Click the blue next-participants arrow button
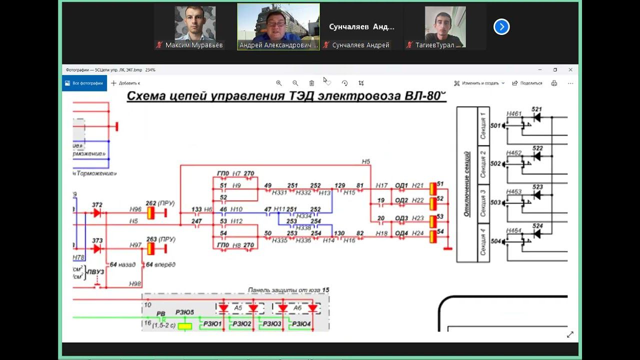point(501,26)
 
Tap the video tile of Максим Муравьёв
point(195,26)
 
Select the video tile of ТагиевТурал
point(445,26)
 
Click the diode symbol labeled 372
point(97,213)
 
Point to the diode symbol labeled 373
point(97,248)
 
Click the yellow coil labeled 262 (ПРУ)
point(150,213)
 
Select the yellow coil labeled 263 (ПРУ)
point(150,248)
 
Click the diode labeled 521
point(537,117)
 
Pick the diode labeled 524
point(537,234)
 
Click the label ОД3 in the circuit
point(401,218)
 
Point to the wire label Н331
point(279,192)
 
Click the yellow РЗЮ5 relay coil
point(185,326)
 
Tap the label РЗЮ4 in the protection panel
point(301,324)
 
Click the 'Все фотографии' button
point(84,83)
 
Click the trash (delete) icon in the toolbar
point(311,83)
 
